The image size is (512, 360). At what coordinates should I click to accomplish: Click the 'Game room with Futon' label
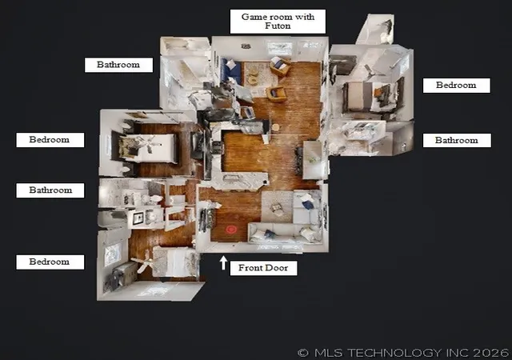coord(278,22)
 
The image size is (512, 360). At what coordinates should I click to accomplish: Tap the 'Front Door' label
coord(263,268)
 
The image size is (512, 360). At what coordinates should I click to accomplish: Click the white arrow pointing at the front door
coord(223,262)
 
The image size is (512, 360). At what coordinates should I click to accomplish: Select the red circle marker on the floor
coord(231,229)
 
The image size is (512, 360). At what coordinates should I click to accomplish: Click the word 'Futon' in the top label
coord(278,26)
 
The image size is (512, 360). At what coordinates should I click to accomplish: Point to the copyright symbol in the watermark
coord(303,353)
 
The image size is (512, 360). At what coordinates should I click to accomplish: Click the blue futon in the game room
coord(231,70)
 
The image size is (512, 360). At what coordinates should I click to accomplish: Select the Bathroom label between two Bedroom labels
coord(50,190)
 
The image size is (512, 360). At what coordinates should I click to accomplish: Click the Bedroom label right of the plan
coord(457,86)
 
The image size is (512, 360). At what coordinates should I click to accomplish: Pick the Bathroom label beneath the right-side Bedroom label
coord(457,141)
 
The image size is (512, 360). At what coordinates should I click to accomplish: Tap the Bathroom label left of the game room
coord(118,65)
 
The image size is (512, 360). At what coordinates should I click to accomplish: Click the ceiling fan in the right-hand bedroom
coord(371,73)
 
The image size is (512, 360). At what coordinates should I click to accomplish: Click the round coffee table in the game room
coord(252,78)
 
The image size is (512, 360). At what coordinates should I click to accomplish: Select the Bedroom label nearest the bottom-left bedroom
coord(50,262)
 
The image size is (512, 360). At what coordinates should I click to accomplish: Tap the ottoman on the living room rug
coord(278,208)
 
